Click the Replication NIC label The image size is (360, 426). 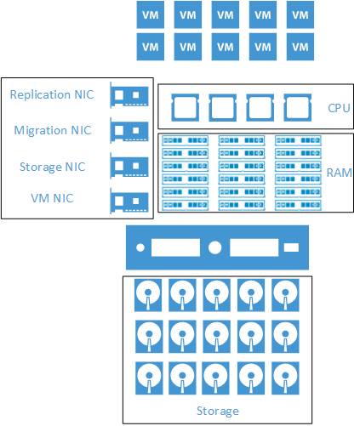pyautogui.click(x=52, y=94)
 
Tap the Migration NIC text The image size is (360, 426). pyautogui.click(x=53, y=130)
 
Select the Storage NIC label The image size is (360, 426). pyautogui.click(x=53, y=167)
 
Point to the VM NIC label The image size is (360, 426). pyautogui.click(x=52, y=198)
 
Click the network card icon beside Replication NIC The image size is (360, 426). pyautogui.click(x=129, y=95)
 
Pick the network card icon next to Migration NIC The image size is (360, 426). pyautogui.click(x=129, y=131)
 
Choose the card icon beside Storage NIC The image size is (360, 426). pyautogui.click(x=129, y=166)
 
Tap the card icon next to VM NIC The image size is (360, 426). pyautogui.click(x=129, y=201)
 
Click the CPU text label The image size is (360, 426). pyautogui.click(x=339, y=108)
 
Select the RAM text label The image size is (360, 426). pyautogui.click(x=340, y=173)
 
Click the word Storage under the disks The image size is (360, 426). pyautogui.click(x=218, y=411)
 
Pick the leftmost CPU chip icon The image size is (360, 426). pyautogui.click(x=186, y=108)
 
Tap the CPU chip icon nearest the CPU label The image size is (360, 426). pyautogui.click(x=298, y=108)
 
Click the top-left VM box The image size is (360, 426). pyautogui.click(x=151, y=14)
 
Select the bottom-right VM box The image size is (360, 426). pyautogui.click(x=300, y=47)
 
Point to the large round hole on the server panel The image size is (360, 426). pyautogui.click(x=214, y=247)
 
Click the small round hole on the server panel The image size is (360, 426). pyautogui.click(x=140, y=247)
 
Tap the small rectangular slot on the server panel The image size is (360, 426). pyautogui.click(x=291, y=247)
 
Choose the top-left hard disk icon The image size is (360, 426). pyautogui.click(x=148, y=295)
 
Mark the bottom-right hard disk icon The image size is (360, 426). pyautogui.click(x=285, y=378)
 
